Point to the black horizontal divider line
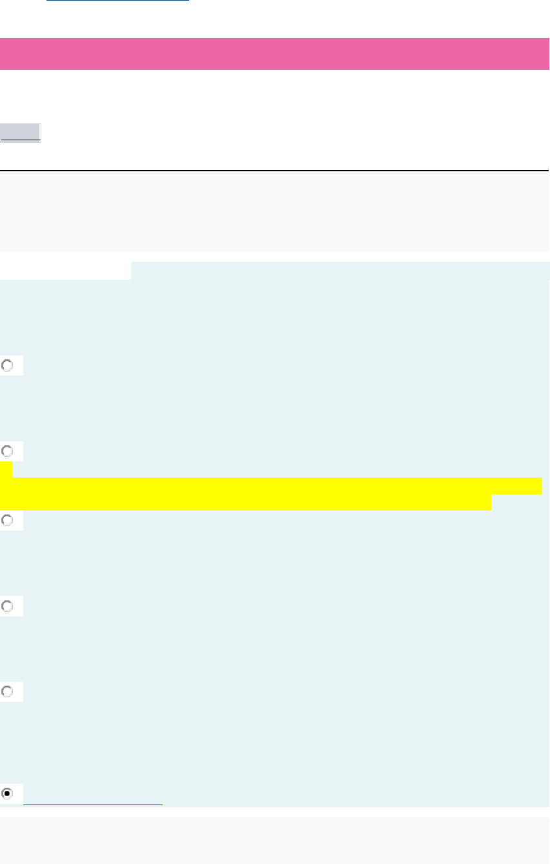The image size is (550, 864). click(274, 171)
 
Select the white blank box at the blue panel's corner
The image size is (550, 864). click(65, 270)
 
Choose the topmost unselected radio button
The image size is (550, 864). click(8, 366)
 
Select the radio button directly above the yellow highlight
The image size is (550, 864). click(8, 451)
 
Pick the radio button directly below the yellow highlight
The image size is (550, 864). click(8, 520)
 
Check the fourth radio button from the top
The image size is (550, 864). click(8, 606)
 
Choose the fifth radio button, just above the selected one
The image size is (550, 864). click(8, 691)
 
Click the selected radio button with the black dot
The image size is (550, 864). click(8, 794)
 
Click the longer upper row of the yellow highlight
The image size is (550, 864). click(271, 486)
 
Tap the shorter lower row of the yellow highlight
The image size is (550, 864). click(245, 503)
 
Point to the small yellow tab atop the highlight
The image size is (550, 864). click(6, 469)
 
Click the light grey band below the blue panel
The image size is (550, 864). click(274, 840)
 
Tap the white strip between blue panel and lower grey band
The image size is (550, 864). click(274, 812)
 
